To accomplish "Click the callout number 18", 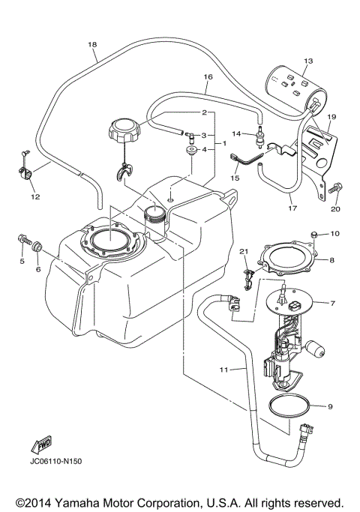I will click(92, 44).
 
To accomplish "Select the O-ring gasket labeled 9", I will click(288, 407).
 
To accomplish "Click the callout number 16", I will click(208, 76).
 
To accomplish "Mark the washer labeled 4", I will click(191, 151).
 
